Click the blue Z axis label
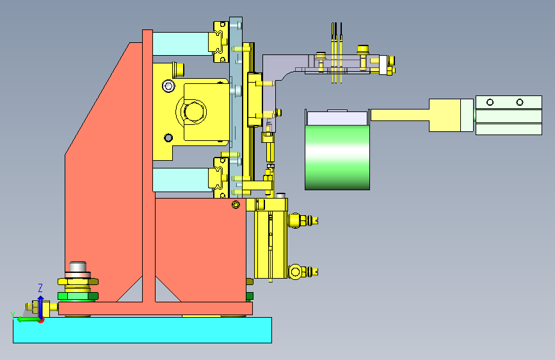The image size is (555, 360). [x=40, y=288]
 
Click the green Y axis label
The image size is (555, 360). [x=13, y=315]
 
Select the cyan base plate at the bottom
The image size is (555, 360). [x=142, y=330]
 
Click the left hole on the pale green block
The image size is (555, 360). [x=490, y=102]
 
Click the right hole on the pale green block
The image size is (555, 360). [x=520, y=102]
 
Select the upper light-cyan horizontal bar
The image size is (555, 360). [x=181, y=44]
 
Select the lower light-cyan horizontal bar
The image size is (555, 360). [x=181, y=180]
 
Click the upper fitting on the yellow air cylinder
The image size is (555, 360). [x=303, y=220]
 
